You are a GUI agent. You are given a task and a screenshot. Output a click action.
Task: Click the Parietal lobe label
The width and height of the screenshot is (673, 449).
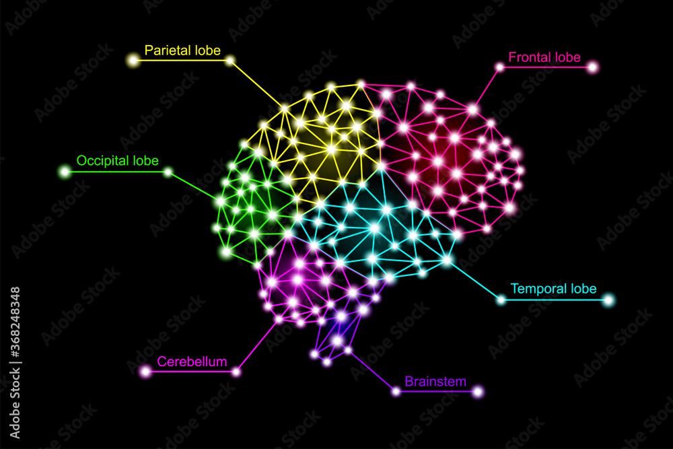point(182,50)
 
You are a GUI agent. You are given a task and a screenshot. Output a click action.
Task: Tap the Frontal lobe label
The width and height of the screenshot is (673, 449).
point(544,57)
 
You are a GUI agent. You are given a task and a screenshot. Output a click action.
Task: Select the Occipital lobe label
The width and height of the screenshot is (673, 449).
point(117,161)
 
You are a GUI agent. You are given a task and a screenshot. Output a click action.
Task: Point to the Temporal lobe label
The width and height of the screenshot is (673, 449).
point(553,289)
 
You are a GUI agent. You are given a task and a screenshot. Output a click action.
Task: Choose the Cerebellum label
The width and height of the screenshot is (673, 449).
point(192,361)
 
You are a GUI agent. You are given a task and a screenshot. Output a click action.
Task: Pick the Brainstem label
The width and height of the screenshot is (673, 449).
point(435,382)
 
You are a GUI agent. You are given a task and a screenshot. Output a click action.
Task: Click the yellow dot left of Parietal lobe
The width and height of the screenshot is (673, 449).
point(133,61)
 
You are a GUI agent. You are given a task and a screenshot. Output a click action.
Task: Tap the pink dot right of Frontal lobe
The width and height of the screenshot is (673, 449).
point(592,67)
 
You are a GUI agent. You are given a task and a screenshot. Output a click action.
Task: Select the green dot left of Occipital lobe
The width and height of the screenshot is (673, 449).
point(65,172)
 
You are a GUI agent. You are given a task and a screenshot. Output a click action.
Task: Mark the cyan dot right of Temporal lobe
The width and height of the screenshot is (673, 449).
point(608,300)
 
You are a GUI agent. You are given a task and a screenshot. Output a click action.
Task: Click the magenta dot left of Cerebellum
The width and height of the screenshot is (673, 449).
point(145,371)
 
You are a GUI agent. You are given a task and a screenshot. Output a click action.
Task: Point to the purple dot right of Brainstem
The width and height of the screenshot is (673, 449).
point(478,391)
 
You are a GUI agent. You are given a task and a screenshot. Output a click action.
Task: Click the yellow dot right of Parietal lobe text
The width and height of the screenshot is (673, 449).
point(229,61)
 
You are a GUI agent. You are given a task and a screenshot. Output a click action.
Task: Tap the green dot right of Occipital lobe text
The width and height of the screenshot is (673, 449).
point(168,172)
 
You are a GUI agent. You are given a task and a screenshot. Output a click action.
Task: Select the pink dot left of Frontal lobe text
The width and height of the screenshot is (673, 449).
point(499,67)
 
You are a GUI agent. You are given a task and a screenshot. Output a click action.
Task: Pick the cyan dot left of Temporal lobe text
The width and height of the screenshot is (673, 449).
point(501,300)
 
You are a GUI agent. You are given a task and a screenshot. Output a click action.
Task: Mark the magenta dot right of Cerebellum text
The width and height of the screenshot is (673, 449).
point(236,371)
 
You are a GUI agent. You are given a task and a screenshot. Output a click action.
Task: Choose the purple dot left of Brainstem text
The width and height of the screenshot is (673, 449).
point(396,391)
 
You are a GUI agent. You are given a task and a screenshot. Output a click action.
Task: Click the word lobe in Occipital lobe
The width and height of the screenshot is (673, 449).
point(145,161)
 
